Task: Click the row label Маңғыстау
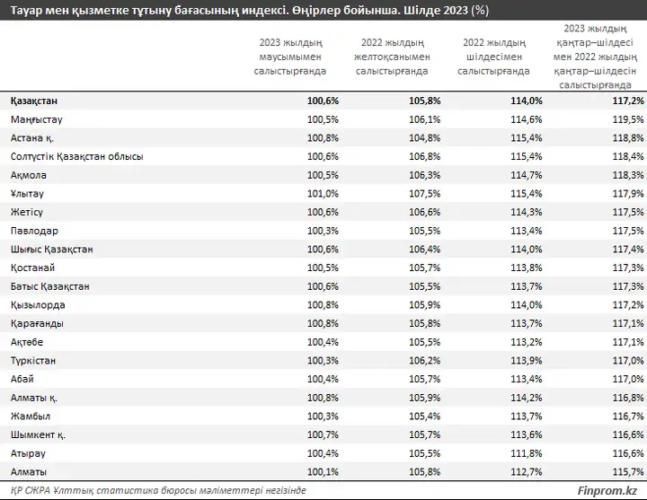[x=36, y=119]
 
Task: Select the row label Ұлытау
[x=27, y=194]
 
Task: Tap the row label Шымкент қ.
[x=38, y=434]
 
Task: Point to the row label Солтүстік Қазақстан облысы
[x=77, y=156]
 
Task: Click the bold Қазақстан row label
[x=34, y=101]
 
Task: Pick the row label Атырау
[x=28, y=453]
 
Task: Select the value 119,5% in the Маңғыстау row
[x=628, y=119]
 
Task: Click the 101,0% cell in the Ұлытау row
[x=323, y=194]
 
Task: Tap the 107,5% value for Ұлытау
[x=424, y=194]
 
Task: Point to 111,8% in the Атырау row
[x=527, y=453]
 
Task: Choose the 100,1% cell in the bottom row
[x=323, y=472]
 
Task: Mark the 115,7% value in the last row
[x=628, y=472]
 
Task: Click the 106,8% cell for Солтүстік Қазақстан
[x=424, y=156]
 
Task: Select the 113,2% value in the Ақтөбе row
[x=527, y=342]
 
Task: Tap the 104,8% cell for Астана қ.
[x=424, y=138]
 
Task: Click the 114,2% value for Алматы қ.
[x=527, y=398]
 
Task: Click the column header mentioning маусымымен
[x=290, y=57]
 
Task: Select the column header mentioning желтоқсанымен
[x=392, y=57]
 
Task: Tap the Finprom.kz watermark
[x=607, y=490]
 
